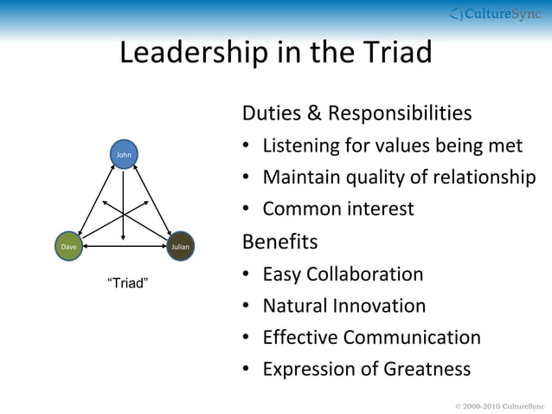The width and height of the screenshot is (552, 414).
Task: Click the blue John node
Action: (124, 154)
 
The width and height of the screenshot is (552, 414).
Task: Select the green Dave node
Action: (67, 247)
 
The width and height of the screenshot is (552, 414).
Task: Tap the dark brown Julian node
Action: (180, 247)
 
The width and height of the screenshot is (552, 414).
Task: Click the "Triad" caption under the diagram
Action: (126, 283)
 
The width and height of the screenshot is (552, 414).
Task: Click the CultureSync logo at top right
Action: (496, 13)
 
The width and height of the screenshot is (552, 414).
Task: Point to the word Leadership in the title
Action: (191, 54)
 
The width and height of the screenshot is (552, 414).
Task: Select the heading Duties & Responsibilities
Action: (356, 113)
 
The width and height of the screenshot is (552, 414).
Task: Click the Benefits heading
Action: (279, 240)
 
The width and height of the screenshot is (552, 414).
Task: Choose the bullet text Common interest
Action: (337, 209)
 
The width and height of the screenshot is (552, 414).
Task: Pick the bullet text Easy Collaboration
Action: (343, 274)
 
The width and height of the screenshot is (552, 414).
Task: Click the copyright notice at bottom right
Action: (499, 405)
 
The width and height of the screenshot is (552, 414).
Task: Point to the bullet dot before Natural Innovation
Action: (247, 307)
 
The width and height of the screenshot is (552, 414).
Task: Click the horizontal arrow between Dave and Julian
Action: (124, 247)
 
